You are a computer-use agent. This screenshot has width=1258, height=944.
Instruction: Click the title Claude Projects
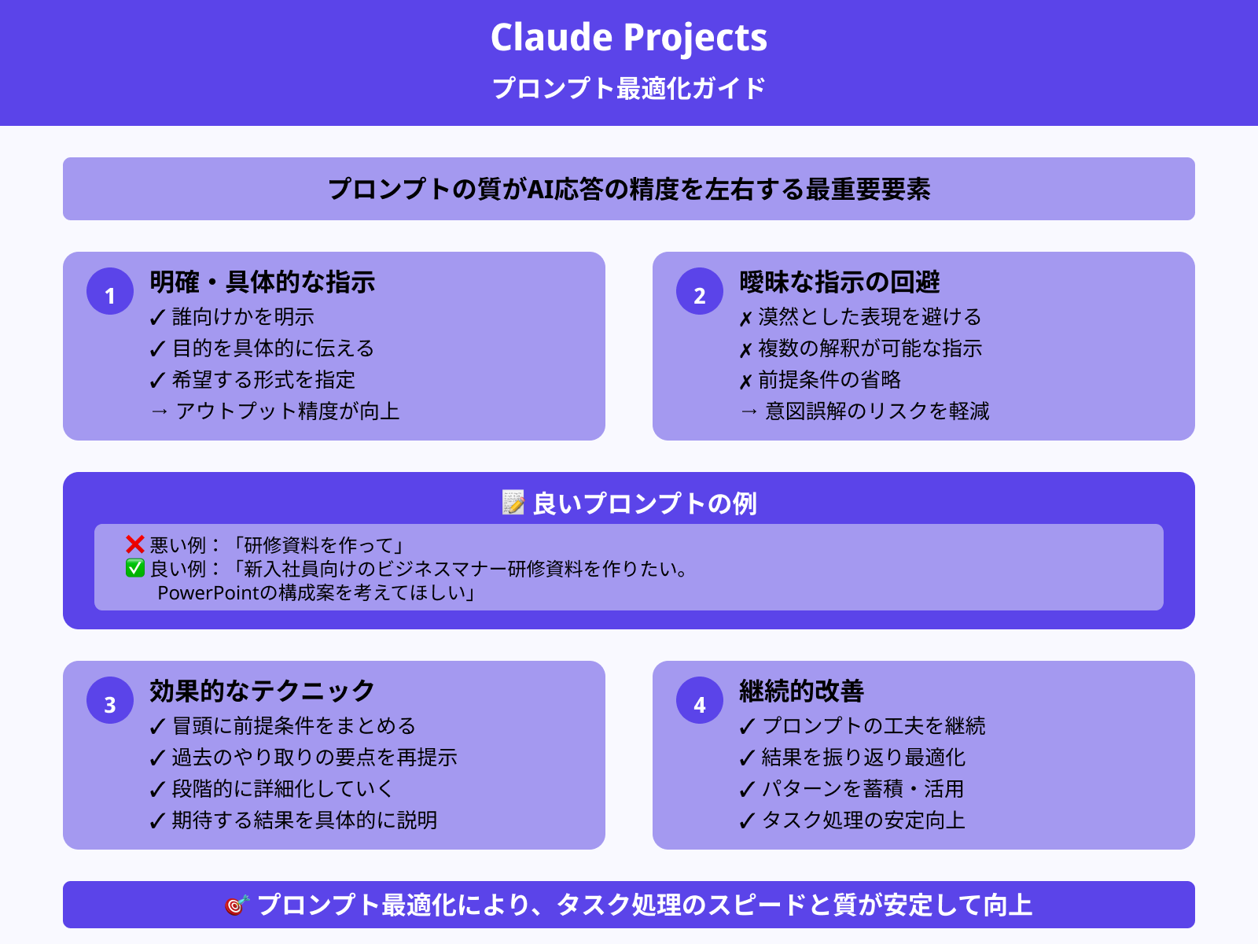pyautogui.click(x=629, y=38)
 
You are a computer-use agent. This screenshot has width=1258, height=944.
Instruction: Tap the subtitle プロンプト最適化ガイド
pyautogui.click(x=629, y=88)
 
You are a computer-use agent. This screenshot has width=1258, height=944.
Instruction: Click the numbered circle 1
pyautogui.click(x=110, y=292)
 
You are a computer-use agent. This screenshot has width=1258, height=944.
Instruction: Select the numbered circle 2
pyautogui.click(x=700, y=292)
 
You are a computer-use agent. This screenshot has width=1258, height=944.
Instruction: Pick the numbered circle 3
pyautogui.click(x=110, y=701)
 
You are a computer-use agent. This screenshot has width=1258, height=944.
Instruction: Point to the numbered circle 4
pyautogui.click(x=700, y=701)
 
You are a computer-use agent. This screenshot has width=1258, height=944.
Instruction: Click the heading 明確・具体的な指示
pyautogui.click(x=263, y=282)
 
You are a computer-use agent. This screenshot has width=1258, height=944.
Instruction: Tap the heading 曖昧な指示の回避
pyautogui.click(x=840, y=282)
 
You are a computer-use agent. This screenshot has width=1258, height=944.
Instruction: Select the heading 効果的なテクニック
pyautogui.click(x=263, y=691)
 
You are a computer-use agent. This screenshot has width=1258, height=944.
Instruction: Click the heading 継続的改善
pyautogui.click(x=801, y=691)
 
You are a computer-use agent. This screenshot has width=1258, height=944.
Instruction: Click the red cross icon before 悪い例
pyautogui.click(x=135, y=544)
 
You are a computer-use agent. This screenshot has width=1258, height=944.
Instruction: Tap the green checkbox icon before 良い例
pyautogui.click(x=135, y=568)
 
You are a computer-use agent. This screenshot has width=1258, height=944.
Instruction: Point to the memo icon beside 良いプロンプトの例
pyautogui.click(x=513, y=502)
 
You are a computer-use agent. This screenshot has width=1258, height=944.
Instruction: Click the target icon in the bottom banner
pyautogui.click(x=237, y=905)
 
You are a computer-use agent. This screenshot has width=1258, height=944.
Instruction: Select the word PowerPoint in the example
pyautogui.click(x=208, y=592)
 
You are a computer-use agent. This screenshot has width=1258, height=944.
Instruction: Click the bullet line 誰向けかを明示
pyautogui.click(x=242, y=317)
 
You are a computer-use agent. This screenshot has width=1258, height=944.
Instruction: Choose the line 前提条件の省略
pyautogui.click(x=829, y=380)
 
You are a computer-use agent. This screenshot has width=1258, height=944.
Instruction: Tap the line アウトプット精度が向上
pyautogui.click(x=287, y=411)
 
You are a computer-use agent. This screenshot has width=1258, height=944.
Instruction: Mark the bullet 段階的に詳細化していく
pyautogui.click(x=281, y=789)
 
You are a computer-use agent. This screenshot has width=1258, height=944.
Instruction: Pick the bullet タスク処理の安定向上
pyautogui.click(x=863, y=820)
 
